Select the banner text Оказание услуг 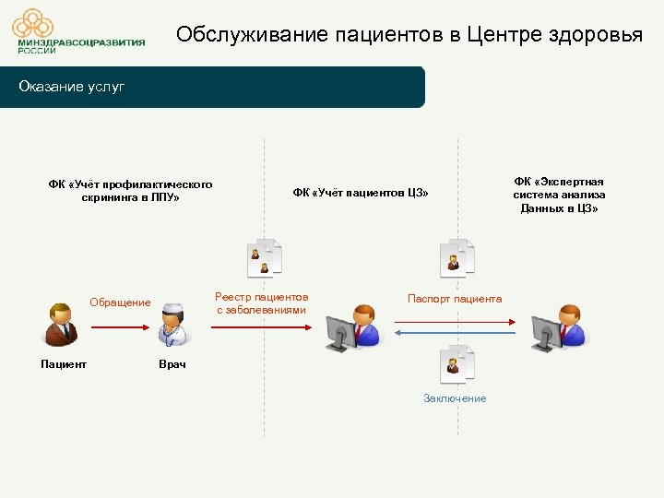pos(72,87)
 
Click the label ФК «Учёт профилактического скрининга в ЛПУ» pos(130,191)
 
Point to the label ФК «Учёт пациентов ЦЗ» pos(361,193)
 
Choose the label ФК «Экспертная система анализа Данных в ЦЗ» pos(559,195)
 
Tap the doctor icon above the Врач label pos(172,324)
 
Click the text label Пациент pos(64,364)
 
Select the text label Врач pos(172,365)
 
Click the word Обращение pos(120,302)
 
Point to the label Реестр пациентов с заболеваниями pos(261,303)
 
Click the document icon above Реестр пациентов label pos(265,257)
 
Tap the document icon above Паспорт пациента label pos(456,257)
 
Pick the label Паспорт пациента pos(455,299)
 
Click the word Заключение pos(455,397)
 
